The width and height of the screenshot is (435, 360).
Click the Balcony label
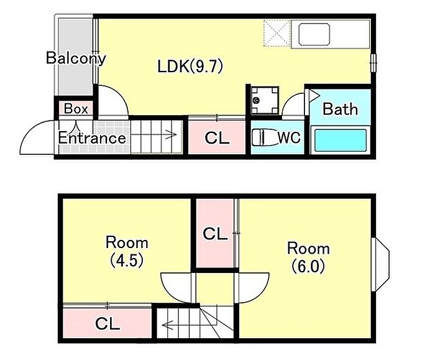76,58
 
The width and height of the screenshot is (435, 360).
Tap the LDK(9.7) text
190,67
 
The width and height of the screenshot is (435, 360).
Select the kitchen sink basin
314,35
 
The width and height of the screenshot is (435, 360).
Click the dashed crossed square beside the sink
277,34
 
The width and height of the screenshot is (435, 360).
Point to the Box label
76,109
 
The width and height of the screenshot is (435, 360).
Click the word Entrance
92,138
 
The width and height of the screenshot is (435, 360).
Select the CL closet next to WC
217,137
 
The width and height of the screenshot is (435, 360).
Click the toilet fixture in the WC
264,137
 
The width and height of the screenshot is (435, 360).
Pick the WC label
289,137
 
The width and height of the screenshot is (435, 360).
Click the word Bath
340,109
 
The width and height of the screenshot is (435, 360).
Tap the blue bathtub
341,140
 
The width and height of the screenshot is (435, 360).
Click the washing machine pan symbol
264,100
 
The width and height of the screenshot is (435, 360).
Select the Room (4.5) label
127,251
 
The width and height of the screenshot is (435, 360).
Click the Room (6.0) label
308,257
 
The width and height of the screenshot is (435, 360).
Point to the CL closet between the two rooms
215,234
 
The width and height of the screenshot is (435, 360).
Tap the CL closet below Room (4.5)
108,323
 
